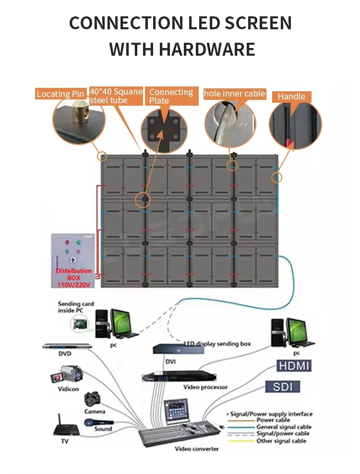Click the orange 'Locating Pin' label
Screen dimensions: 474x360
coord(60,94)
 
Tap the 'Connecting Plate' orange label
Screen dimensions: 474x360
coord(171,96)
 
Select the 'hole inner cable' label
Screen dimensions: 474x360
coord(235,94)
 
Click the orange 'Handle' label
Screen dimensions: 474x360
coord(291,97)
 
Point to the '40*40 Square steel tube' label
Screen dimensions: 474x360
coord(116,96)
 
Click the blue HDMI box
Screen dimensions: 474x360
coord(294,366)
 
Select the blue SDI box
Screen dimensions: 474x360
coord(283,387)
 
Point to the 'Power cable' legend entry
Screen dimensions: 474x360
coord(273,420)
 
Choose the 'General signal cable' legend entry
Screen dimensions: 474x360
coord(284,427)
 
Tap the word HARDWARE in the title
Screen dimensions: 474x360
coord(182,49)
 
